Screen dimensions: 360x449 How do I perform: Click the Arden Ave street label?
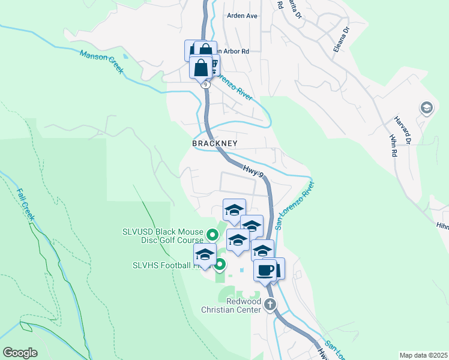(x=243, y=16)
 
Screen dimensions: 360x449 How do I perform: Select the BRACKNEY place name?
(x=215, y=144)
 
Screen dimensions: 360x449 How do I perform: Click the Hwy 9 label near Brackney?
(x=253, y=171)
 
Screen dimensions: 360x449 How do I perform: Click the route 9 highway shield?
(x=206, y=85)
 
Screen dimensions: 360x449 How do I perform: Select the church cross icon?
(x=270, y=304)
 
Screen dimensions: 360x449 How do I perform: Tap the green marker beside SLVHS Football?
(x=220, y=263)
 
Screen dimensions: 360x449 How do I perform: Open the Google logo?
(x=20, y=353)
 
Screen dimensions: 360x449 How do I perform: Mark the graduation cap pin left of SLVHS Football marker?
(x=205, y=254)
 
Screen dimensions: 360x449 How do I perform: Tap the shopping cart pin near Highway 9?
(x=211, y=64)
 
